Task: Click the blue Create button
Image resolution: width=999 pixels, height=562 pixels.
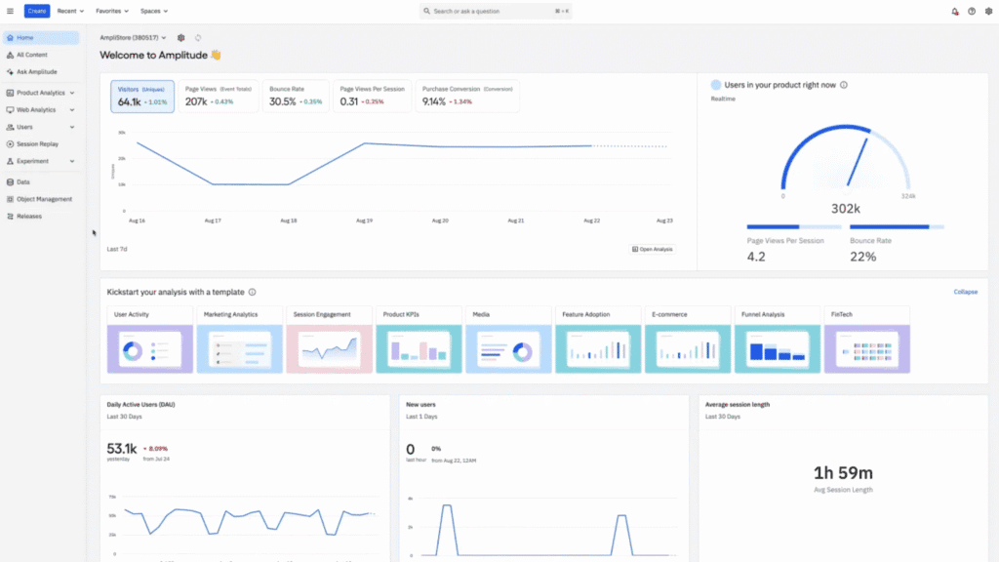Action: click(37, 11)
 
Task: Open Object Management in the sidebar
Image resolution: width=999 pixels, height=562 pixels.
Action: click(44, 199)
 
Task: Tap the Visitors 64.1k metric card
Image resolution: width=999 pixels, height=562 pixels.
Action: click(142, 96)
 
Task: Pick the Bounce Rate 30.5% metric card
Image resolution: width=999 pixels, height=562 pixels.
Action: click(296, 96)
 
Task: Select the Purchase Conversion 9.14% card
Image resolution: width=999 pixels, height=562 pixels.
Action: click(467, 96)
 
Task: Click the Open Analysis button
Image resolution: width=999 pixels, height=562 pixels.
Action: click(652, 249)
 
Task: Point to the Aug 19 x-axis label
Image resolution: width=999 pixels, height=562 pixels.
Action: click(364, 221)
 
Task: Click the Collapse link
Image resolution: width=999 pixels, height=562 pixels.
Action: click(965, 292)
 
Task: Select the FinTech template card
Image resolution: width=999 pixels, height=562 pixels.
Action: click(866, 341)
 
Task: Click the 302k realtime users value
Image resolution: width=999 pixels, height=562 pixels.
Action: click(846, 208)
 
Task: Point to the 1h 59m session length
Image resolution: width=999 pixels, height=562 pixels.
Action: click(844, 472)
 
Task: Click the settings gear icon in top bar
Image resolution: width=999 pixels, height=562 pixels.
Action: click(987, 11)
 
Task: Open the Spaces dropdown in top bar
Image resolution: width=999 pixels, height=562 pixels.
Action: click(153, 11)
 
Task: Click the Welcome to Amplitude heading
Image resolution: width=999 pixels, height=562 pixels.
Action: click(160, 56)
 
